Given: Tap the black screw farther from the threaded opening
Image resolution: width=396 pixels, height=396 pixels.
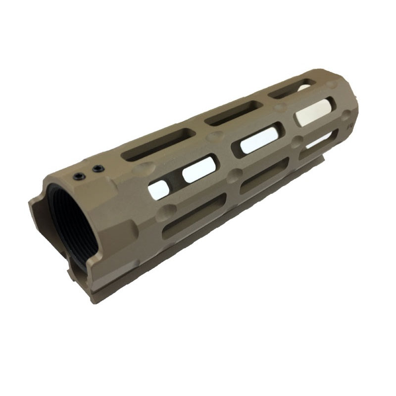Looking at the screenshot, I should coord(97,169).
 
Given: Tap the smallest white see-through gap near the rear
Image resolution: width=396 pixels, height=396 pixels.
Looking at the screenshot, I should coord(158,189).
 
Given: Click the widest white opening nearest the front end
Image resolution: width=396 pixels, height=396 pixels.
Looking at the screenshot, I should coord(313,111).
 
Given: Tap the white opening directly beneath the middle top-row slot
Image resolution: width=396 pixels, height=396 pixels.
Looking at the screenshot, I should coord(258,139).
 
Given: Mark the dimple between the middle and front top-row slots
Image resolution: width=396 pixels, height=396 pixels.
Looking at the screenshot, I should coord(280,106).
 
